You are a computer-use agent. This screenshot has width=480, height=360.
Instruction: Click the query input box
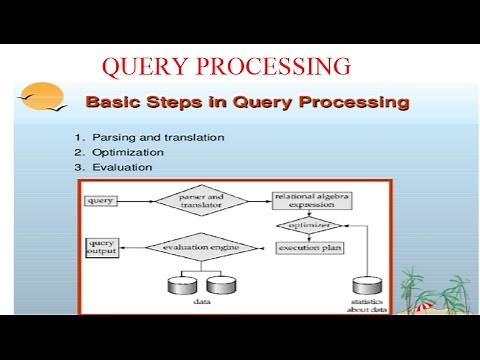point(101,201)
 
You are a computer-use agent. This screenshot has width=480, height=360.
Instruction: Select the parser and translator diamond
point(195,201)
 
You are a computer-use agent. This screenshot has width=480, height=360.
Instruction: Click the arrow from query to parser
point(136,201)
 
